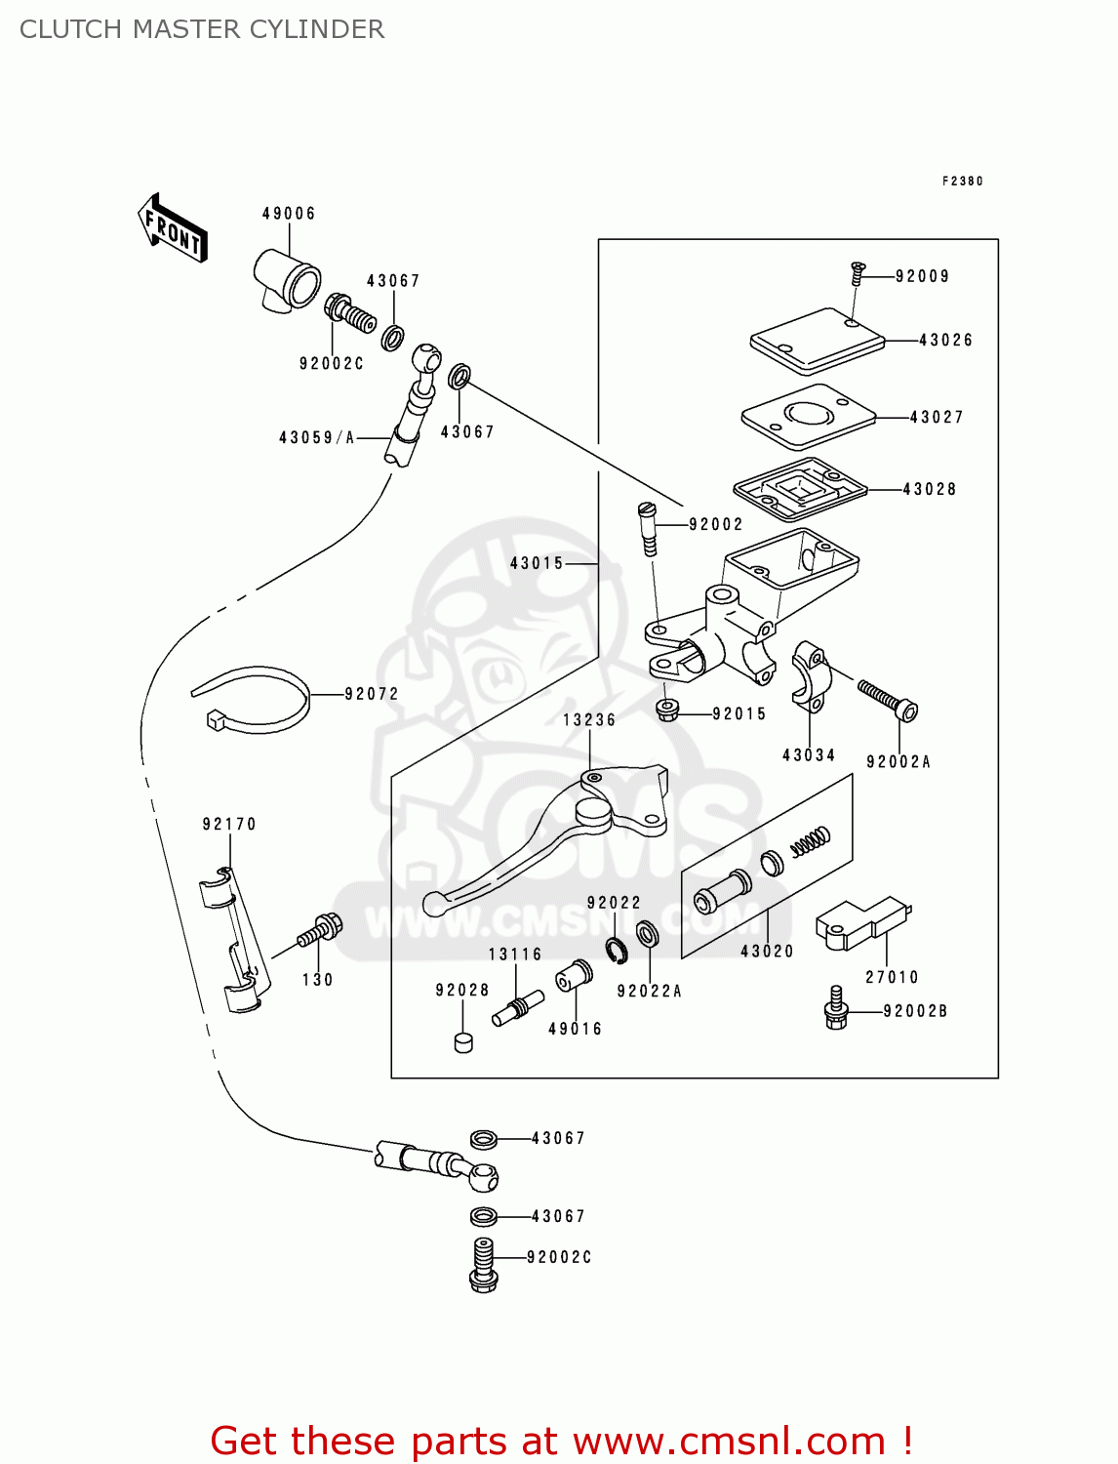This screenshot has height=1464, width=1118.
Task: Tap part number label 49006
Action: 289,214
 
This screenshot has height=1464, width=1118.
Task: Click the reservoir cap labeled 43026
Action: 816,342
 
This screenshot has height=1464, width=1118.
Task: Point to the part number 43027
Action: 937,418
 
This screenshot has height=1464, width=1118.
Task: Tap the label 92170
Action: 229,825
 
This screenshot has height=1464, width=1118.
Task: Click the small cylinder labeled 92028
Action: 463,1042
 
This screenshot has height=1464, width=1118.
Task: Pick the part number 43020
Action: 767,952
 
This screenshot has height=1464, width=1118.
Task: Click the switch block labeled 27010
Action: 860,922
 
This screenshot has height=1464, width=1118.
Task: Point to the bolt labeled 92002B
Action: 836,1008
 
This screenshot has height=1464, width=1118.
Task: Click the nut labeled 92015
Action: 667,710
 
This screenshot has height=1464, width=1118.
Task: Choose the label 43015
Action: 537,564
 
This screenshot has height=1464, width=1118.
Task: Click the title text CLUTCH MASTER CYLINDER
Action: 202,29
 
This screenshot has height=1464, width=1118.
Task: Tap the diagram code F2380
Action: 962,182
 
